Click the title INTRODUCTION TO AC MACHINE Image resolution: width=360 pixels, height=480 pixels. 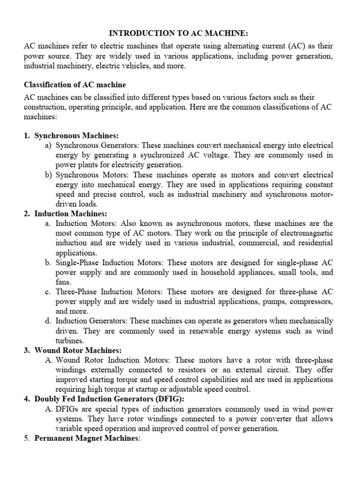[x=180, y=34]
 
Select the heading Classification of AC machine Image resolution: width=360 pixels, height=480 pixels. [x=75, y=85]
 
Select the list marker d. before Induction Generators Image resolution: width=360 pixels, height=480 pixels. [x=48, y=321]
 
